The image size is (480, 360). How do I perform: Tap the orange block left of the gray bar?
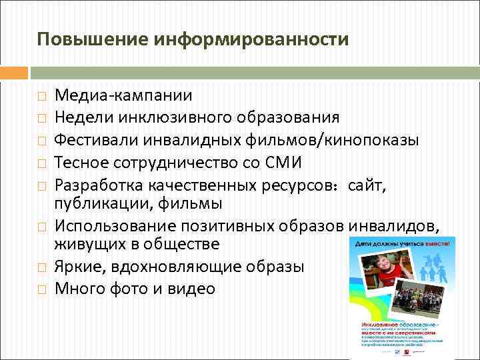click(14, 73)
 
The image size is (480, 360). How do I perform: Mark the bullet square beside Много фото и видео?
click(41, 289)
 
